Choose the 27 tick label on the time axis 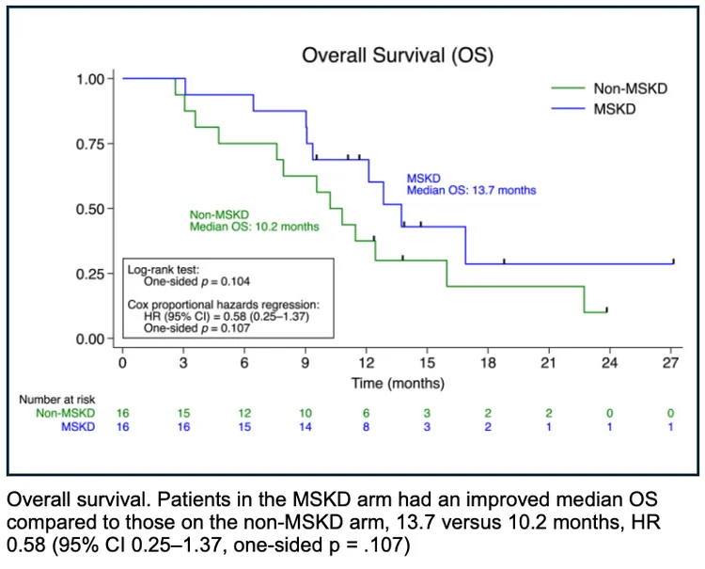[671, 362]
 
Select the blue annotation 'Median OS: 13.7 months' [471, 190]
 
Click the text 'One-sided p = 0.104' [196, 280]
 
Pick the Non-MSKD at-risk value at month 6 [243, 414]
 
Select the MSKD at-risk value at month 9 [305, 428]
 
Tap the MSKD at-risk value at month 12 [366, 428]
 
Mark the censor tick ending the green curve [607, 308]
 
